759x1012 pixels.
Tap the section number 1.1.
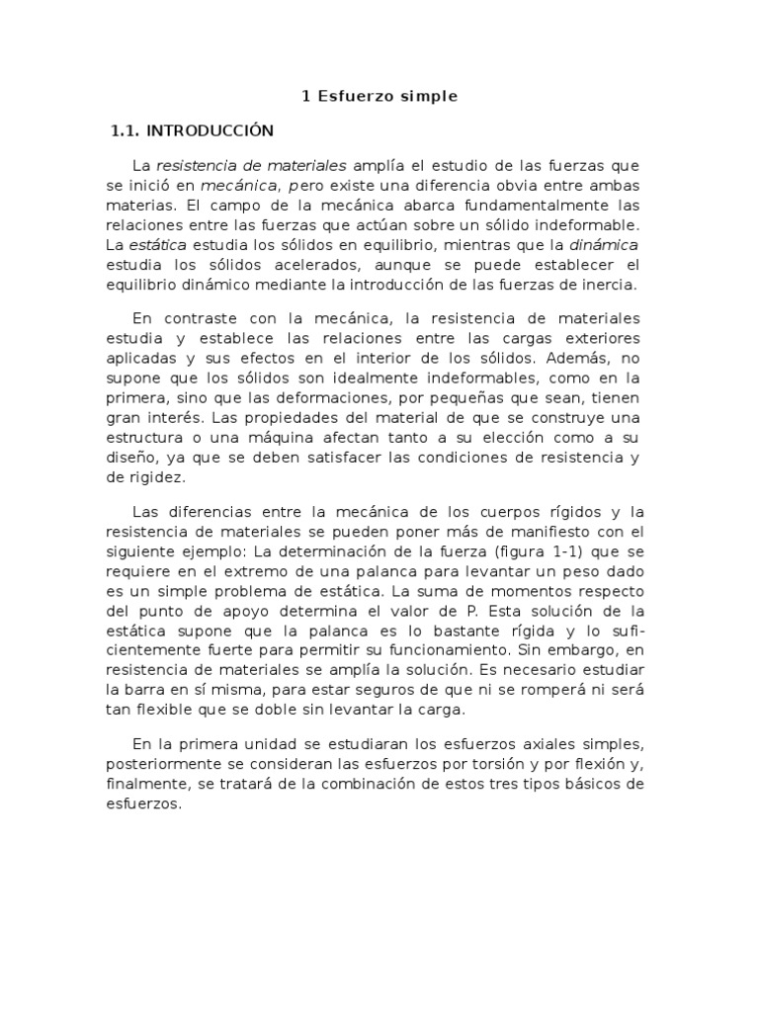pos(127,130)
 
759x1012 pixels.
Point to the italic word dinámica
pos(605,244)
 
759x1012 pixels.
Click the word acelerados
pos(311,265)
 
